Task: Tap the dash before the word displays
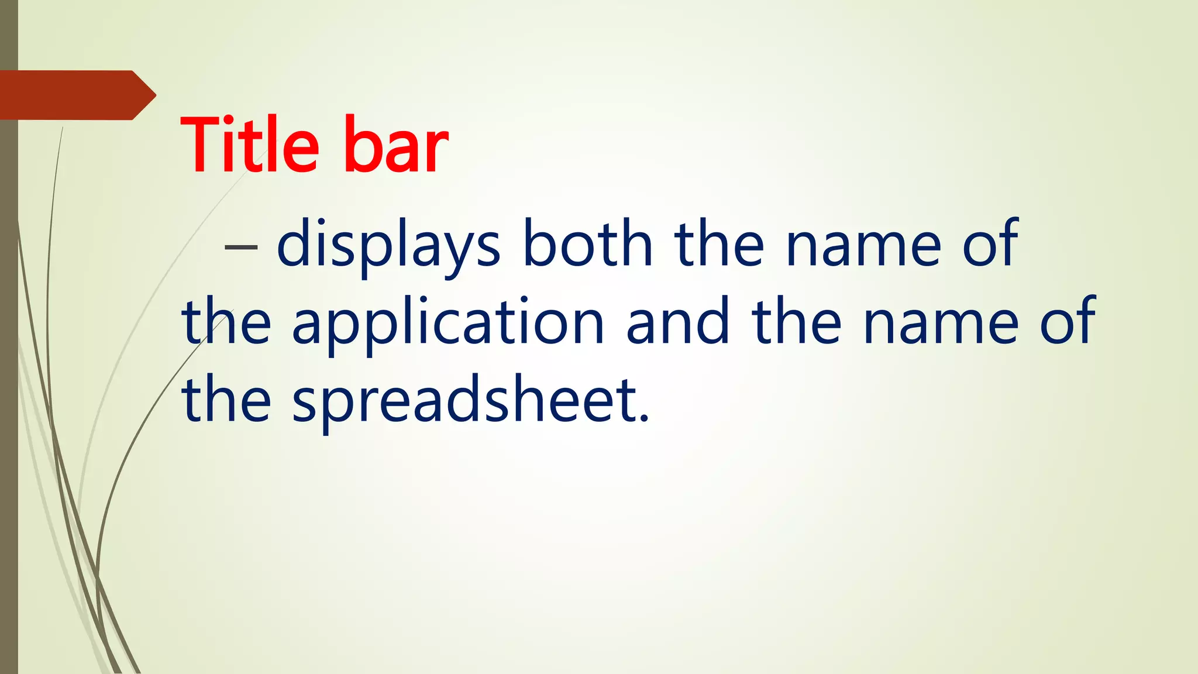241,247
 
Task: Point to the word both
587,243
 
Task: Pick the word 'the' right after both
719,243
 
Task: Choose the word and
678,321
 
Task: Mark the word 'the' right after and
797,321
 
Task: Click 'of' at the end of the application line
1068,321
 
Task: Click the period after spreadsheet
645,417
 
